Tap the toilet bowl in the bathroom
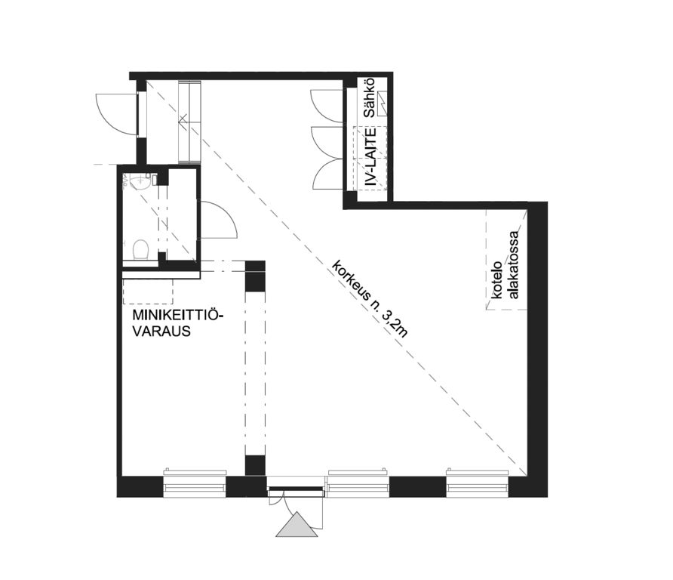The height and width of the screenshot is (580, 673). tap(140, 249)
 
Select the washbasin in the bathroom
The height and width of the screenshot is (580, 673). tap(140, 183)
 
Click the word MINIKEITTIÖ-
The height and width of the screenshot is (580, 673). tap(179, 315)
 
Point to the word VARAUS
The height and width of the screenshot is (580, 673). tap(161, 332)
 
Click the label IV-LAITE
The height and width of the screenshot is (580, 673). tap(370, 157)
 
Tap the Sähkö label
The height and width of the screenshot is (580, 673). tap(370, 98)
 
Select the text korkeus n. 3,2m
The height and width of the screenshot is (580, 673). tap(370, 299)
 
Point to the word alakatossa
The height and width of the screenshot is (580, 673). tap(513, 265)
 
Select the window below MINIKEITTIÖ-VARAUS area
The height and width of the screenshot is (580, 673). tap(195, 483)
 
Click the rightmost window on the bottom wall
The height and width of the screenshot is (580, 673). tap(478, 483)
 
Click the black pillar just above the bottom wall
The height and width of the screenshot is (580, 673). tap(255, 466)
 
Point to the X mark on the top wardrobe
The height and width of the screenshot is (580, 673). tap(183, 117)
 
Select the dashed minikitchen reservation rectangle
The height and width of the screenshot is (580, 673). tap(148, 292)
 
